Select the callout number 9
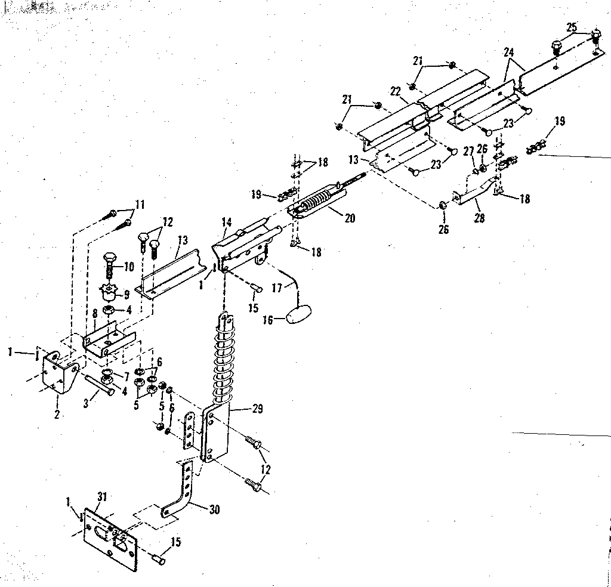[126, 293]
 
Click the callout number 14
[227, 222]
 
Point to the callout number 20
[350, 219]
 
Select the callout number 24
[508, 52]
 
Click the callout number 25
[572, 27]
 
